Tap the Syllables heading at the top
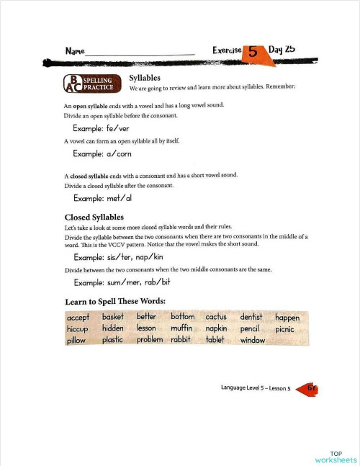point(145,77)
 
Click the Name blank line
point(140,54)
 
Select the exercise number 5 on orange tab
point(253,52)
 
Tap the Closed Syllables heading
point(94,216)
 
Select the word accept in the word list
point(78,318)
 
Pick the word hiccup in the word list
point(78,328)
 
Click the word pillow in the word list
point(76,340)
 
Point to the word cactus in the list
point(216,317)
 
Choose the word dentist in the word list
point(252,317)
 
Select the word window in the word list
point(253,340)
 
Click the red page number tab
point(307,388)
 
